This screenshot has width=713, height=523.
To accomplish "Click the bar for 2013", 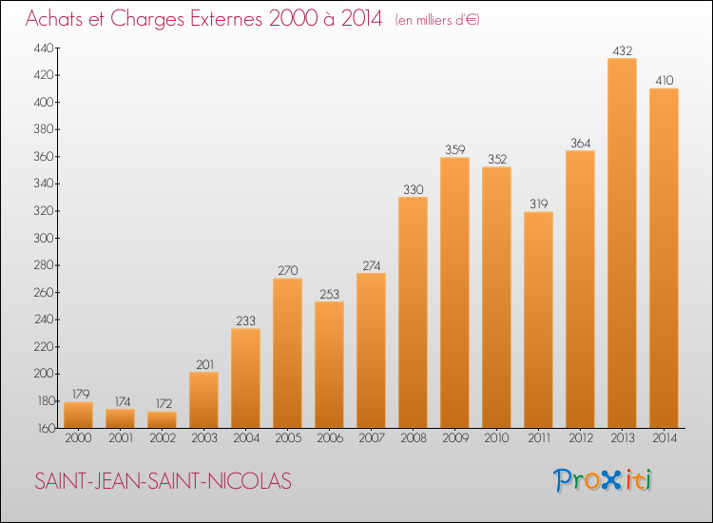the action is [622, 242].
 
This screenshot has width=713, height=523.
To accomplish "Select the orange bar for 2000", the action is [78, 415].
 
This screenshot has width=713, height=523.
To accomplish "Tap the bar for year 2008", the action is [413, 313].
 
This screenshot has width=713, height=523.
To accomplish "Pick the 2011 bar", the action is [538, 320].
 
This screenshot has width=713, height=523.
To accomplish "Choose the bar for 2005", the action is [287, 353].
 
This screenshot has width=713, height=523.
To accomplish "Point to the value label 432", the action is [622, 51].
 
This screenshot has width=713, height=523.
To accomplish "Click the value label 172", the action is [164, 403].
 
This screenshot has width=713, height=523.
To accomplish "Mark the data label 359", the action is [454, 149].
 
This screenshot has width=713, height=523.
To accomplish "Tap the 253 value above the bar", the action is [329, 294].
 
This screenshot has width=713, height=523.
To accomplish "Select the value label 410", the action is [664, 81].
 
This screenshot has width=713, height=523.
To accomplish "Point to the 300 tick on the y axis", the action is [44, 238].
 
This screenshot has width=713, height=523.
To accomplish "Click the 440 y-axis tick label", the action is [44, 48].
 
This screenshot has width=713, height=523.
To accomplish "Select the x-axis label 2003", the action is [204, 438].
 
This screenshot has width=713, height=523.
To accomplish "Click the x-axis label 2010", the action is [496, 438].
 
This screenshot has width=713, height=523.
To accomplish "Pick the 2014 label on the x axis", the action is [665, 438].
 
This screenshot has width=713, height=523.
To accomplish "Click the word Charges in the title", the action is [146, 19].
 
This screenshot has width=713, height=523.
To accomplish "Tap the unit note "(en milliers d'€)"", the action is [437, 20].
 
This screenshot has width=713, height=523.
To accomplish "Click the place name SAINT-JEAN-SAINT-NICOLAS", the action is [163, 481].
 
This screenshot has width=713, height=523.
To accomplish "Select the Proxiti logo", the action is [603, 480].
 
